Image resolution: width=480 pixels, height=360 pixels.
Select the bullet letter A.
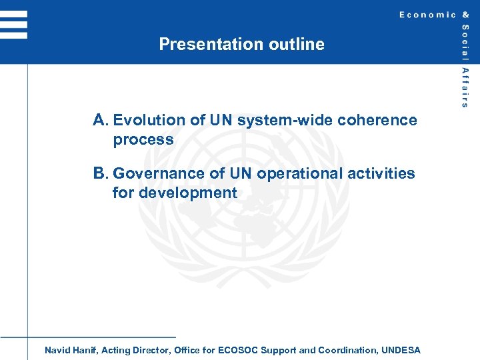tap(100, 120)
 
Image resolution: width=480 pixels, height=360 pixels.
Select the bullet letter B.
tap(100, 173)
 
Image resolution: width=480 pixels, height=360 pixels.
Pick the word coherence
tap(377, 121)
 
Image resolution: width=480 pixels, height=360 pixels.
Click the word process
tap(143, 141)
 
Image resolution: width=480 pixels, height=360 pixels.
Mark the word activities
tap(384, 174)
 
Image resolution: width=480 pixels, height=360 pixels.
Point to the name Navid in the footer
tap(57, 350)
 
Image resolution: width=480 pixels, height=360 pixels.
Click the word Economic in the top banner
tap(427, 15)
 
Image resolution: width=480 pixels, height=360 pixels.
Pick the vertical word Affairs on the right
tap(465, 87)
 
